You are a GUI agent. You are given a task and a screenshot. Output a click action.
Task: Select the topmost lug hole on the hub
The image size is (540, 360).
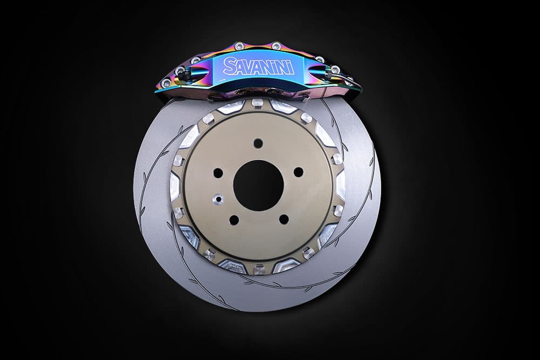click(258, 142)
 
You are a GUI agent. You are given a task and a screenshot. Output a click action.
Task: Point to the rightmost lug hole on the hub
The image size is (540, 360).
click(299, 172)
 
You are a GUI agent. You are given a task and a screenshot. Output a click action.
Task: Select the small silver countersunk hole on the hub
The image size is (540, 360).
click(218, 199)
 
